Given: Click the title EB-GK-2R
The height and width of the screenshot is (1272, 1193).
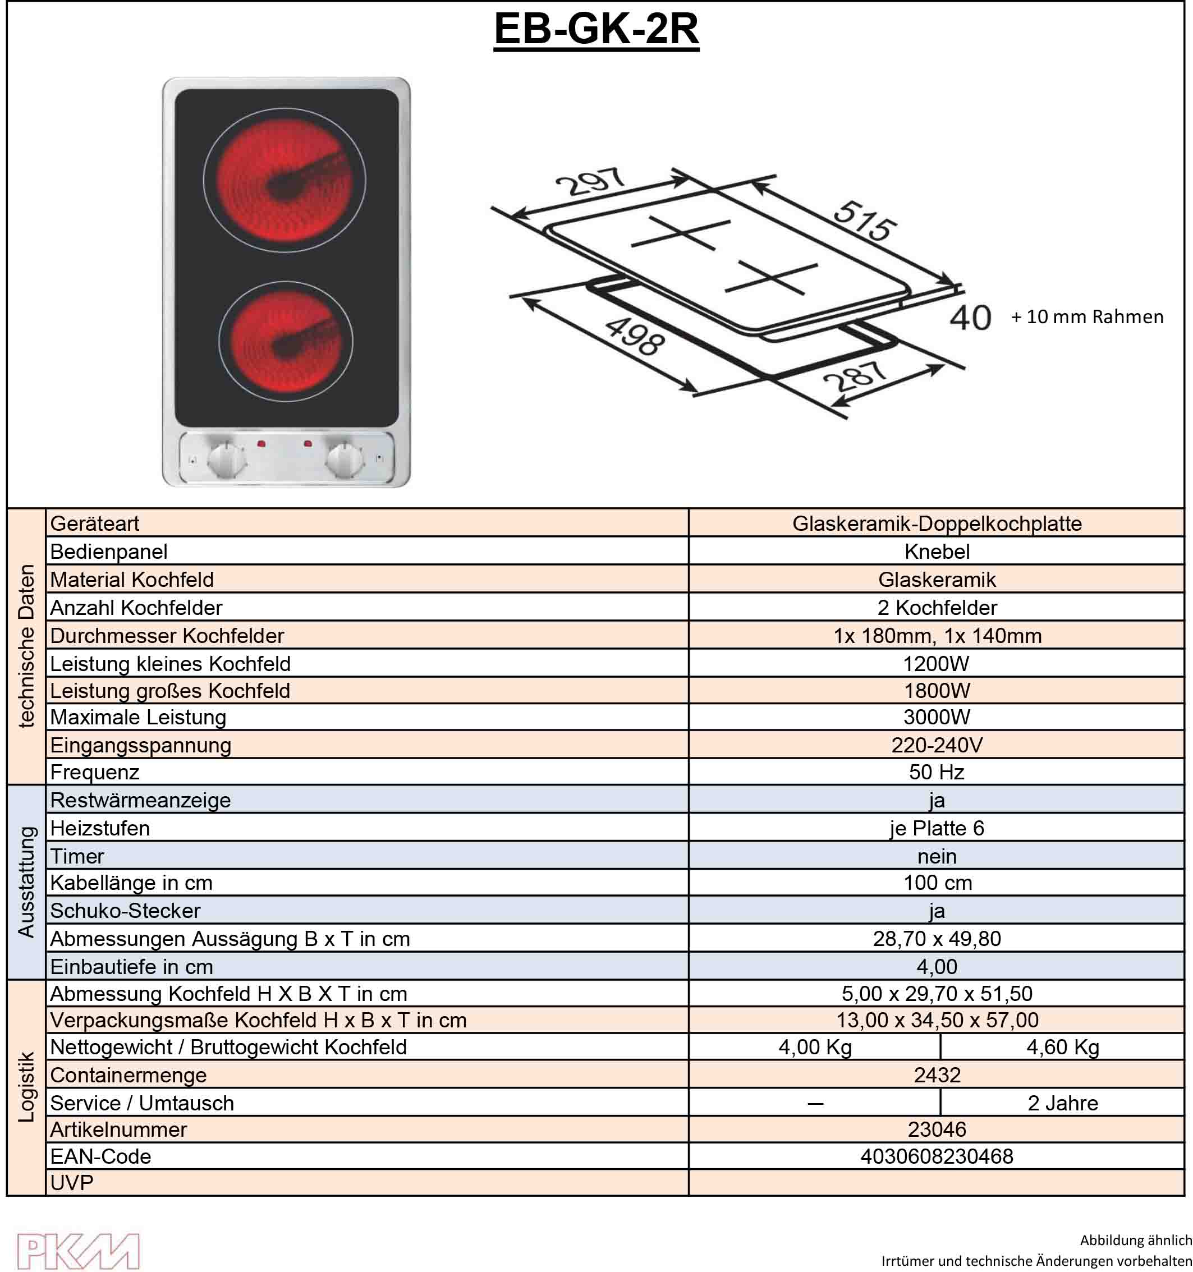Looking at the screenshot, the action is coord(596,29).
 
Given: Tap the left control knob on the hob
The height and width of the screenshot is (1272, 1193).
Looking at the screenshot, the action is coord(227,459).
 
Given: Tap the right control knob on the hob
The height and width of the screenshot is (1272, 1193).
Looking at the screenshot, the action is coord(345,459).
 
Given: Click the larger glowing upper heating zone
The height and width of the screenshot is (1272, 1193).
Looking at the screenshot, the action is coord(285,179).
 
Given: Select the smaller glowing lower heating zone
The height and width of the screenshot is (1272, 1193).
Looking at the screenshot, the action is coord(286,341).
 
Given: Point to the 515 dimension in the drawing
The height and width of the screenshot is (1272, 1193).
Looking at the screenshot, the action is coord(865,221).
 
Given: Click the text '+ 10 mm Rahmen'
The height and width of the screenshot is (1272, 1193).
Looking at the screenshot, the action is coord(1087,316).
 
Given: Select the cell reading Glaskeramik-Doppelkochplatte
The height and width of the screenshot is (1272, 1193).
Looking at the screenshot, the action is coord(937,524).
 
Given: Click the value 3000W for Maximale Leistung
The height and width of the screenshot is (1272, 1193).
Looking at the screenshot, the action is coord(937,717).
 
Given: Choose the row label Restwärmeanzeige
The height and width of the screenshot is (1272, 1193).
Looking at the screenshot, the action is coord(140,800).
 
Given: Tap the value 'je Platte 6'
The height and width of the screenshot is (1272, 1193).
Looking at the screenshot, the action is coord(937,828).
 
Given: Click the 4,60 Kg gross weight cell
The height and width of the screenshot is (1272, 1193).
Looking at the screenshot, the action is coord(1062,1048).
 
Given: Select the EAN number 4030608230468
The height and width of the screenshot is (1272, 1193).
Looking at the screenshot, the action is coord(937,1156).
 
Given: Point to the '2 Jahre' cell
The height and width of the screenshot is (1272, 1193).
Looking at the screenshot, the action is coord(1062,1103).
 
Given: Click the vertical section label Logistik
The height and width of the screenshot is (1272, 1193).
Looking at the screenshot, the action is coord(26,1086).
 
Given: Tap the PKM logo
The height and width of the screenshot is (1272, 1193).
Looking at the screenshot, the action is coord(77,1251).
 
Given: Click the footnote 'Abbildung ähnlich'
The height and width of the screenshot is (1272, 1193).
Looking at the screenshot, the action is coord(1135,1240).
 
